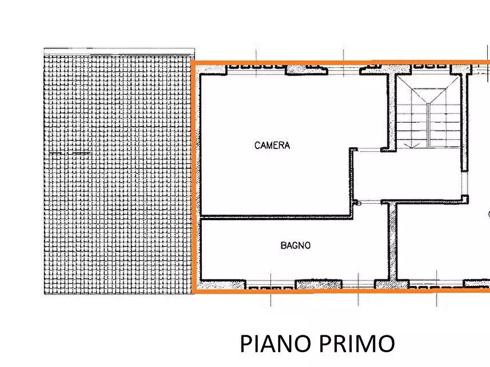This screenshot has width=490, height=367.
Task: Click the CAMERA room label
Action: pos(272,146)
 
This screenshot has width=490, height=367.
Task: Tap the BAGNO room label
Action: pos(295,245)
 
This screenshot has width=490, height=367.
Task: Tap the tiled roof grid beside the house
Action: pos(118,170)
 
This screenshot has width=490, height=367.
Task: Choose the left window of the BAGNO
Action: pos(272,285)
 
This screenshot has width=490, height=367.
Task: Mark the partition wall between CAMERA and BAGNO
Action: pos(274,217)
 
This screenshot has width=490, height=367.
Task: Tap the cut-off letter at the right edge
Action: pos(488,214)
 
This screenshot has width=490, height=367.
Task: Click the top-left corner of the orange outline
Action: pos(193,63)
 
